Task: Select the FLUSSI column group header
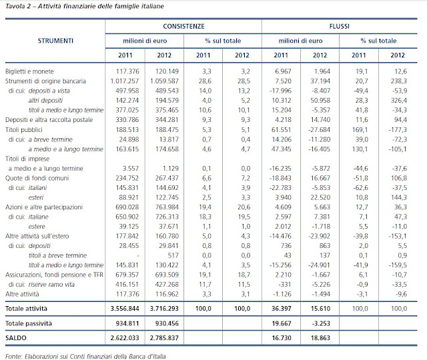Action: coord(340,28)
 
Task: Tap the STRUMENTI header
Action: coord(55,41)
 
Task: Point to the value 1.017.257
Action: coord(124,80)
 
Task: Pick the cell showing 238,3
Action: coord(398,80)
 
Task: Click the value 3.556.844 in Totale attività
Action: coord(124,309)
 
